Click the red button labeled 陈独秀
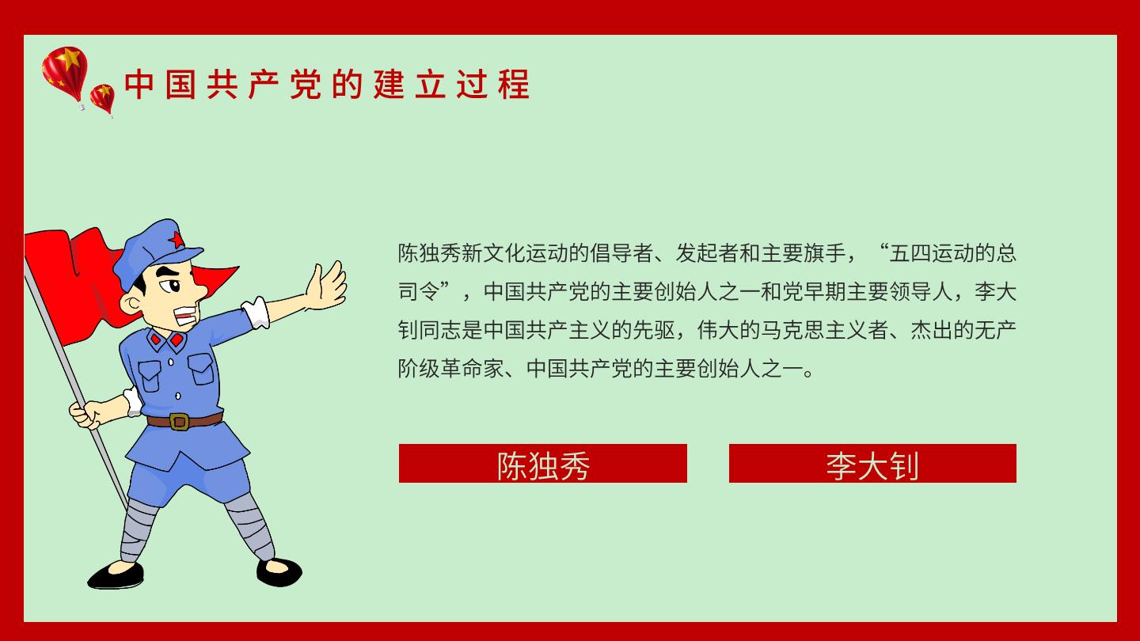[542, 463]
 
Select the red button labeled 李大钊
[872, 463]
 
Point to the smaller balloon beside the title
[102, 100]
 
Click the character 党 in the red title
[306, 84]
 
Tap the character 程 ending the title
[514, 84]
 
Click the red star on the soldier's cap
[176, 239]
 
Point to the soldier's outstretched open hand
[326, 286]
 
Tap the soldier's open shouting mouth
[186, 316]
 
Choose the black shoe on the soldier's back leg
[279, 572]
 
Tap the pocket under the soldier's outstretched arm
[202, 369]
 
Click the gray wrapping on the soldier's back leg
[250, 525]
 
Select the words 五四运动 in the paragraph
[931, 253]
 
